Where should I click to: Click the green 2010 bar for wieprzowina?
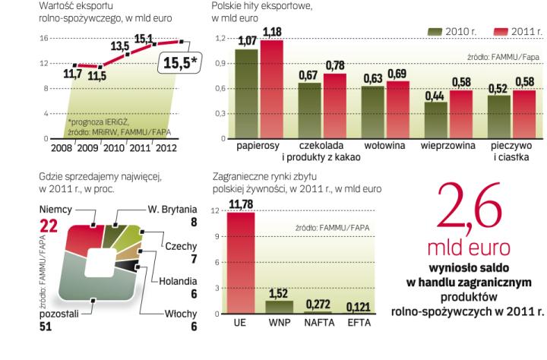(x=435, y=120)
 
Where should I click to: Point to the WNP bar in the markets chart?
(x=280, y=307)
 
